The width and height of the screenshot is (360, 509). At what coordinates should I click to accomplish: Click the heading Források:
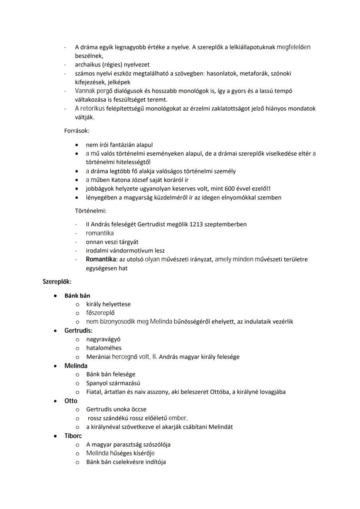click(77, 130)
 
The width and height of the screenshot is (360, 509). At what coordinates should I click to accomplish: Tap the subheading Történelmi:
click(91, 211)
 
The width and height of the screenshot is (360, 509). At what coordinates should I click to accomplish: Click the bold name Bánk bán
click(77, 296)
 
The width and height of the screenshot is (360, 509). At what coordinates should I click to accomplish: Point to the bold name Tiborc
click(73, 436)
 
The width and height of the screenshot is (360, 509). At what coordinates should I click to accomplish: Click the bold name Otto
click(71, 401)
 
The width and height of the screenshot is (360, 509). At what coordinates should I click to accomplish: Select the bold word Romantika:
click(102, 259)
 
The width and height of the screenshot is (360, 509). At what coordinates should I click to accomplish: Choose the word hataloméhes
click(104, 348)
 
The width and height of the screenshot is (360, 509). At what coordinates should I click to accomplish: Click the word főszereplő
click(100, 313)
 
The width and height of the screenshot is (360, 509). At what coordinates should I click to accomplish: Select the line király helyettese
click(108, 304)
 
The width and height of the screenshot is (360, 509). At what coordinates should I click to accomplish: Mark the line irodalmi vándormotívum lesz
click(125, 250)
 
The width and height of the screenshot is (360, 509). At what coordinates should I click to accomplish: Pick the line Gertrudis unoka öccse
click(116, 409)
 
